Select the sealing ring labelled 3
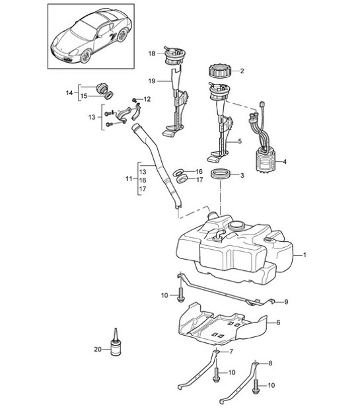click(x=220, y=176)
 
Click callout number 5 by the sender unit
click(x=240, y=141)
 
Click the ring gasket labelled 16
click(x=178, y=172)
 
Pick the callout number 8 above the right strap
click(x=269, y=362)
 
